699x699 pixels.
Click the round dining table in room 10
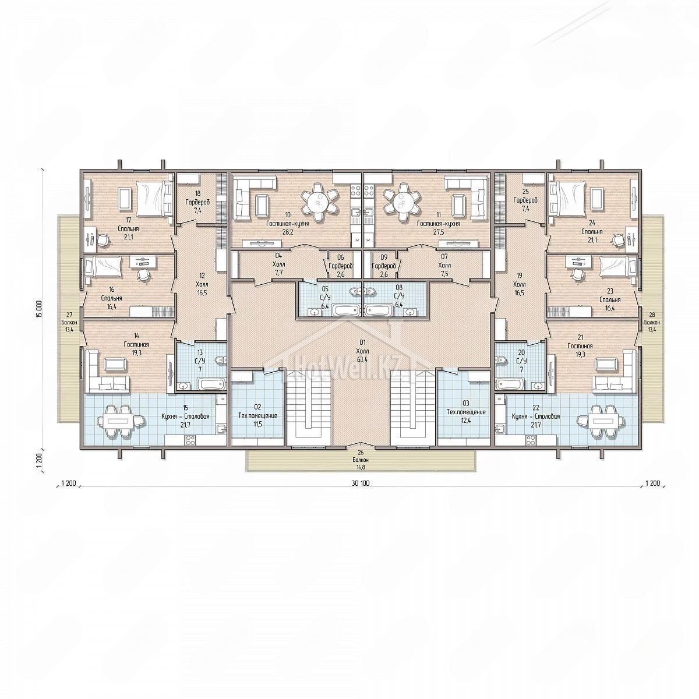(320, 202)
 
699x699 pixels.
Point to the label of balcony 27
(69, 323)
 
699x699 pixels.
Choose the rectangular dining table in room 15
(121, 421)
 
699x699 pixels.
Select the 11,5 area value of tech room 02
(257, 422)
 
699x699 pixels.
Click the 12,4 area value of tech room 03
(466, 421)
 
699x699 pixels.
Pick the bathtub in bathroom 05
(346, 310)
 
